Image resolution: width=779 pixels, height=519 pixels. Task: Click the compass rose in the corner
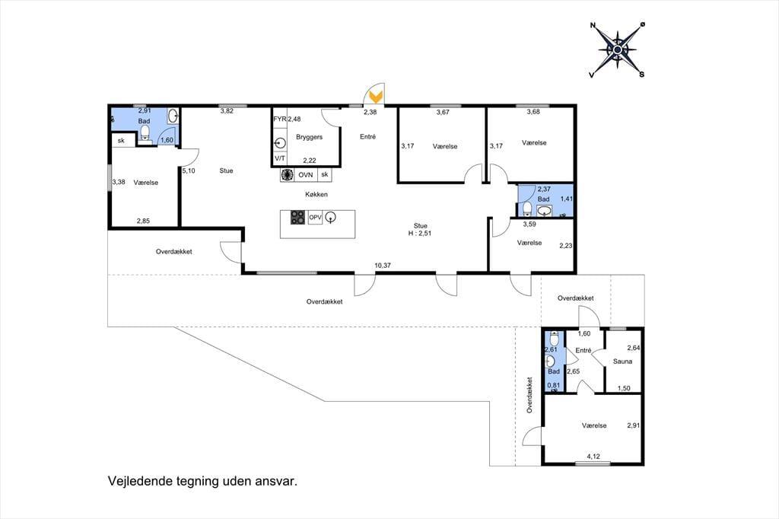(617, 49)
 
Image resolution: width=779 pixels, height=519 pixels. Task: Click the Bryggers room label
(309, 137)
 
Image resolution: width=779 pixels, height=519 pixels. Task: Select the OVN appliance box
(306, 175)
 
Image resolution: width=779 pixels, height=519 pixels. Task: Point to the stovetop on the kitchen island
(298, 217)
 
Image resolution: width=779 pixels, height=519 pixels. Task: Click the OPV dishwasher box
(316, 217)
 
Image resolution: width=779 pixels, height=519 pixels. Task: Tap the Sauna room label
(622, 361)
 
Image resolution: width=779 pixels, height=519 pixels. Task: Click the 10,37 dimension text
(383, 266)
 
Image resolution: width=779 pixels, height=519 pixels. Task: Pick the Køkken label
(316, 194)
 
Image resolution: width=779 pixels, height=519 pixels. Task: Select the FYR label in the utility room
(280, 119)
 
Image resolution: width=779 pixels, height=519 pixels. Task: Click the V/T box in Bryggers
(280, 158)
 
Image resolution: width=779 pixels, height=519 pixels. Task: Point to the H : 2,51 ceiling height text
(420, 233)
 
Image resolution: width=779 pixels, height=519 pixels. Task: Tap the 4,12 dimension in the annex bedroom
(593, 457)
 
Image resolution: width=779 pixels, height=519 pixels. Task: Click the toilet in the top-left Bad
(145, 132)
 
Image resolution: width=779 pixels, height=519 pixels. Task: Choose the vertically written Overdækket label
(529, 395)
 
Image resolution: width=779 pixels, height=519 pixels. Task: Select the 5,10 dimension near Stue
(189, 170)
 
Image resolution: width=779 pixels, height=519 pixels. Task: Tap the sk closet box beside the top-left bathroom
(121, 141)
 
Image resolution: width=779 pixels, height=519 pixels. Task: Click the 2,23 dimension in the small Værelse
(566, 246)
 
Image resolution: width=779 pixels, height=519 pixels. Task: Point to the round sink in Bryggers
(280, 144)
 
